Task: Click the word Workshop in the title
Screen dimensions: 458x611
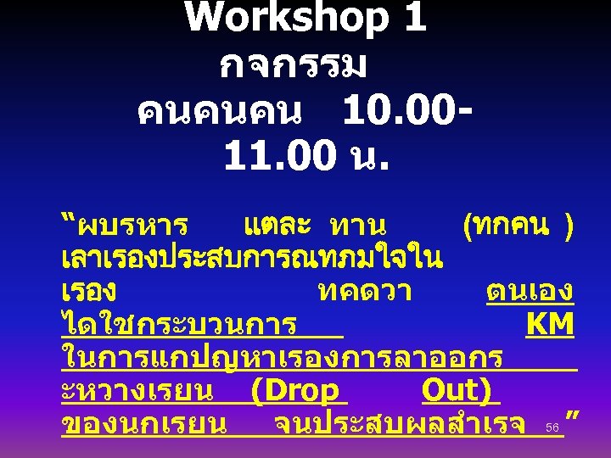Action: (280, 19)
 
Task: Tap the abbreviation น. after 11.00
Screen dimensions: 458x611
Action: (360, 157)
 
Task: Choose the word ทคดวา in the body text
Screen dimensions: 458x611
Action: (365, 293)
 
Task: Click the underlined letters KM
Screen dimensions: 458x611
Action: (549, 325)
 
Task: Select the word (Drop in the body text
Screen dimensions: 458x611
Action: (296, 391)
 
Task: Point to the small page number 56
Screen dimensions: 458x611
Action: (552, 427)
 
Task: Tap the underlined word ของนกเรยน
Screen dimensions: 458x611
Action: (144, 425)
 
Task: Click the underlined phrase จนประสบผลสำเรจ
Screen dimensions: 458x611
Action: (400, 425)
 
